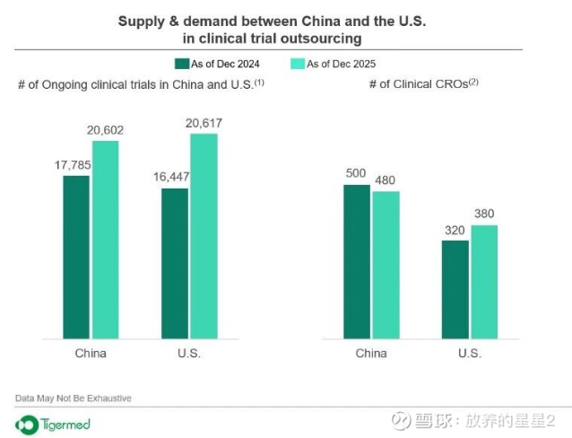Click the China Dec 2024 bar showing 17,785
(x=76, y=257)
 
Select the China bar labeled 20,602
(x=105, y=240)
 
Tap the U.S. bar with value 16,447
(x=175, y=263)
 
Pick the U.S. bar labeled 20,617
(x=204, y=236)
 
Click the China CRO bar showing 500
(x=357, y=261)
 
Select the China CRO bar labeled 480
(x=386, y=265)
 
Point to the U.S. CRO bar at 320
(x=455, y=289)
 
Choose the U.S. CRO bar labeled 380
(x=484, y=282)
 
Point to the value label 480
(x=386, y=180)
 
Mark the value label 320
(x=455, y=230)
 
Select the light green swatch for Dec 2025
(x=299, y=64)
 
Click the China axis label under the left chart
(x=91, y=353)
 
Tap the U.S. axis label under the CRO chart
(x=470, y=353)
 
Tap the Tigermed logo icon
(x=27, y=423)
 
